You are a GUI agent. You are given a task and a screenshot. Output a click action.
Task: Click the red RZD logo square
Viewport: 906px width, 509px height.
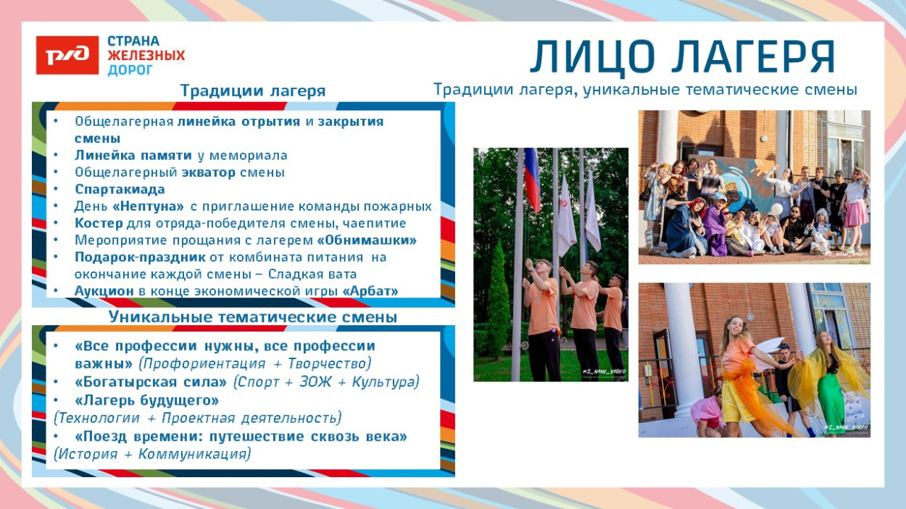67,55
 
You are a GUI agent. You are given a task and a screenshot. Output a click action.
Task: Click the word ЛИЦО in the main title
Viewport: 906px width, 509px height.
591,57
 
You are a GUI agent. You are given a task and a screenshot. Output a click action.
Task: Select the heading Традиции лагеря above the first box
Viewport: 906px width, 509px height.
253,91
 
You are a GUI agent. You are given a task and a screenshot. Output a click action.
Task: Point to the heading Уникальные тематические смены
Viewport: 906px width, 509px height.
253,317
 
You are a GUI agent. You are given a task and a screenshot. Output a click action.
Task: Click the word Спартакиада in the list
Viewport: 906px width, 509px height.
120,190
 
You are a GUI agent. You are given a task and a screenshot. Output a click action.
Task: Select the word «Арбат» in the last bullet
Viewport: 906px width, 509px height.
371,290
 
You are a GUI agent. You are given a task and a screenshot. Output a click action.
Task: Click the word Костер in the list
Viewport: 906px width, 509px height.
99,224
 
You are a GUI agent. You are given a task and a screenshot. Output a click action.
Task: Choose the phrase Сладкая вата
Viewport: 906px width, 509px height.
312,274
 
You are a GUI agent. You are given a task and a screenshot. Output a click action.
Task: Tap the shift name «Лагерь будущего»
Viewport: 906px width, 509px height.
146,400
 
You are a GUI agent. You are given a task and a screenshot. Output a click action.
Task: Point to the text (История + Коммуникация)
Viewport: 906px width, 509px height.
152,454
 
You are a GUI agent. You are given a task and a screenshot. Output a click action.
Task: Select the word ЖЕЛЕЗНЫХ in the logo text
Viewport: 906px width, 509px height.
146,56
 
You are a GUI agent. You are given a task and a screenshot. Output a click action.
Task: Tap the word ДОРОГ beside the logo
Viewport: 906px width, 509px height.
130,70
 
